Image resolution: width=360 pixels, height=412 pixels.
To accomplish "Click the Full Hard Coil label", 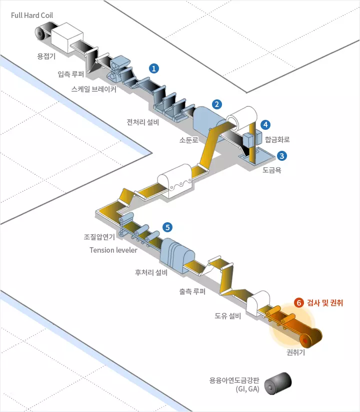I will click(31, 15).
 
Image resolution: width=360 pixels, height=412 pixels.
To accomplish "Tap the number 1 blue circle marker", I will click(155, 67).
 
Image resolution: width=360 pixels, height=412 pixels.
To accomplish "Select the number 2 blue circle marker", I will click(216, 104).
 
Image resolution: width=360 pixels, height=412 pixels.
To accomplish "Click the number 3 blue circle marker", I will click(282, 156).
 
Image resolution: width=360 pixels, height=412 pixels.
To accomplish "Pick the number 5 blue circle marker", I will click(167, 227).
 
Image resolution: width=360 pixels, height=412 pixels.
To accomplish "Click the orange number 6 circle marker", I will click(299, 303).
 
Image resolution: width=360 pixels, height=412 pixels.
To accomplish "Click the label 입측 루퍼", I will click(71, 74).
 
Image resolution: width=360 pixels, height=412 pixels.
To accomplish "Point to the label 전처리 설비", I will click(142, 122).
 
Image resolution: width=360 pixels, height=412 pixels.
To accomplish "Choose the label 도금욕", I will click(272, 170).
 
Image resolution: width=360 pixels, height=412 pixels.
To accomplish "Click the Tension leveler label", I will click(113, 250).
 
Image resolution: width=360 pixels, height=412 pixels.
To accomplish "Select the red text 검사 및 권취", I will click(326, 303).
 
